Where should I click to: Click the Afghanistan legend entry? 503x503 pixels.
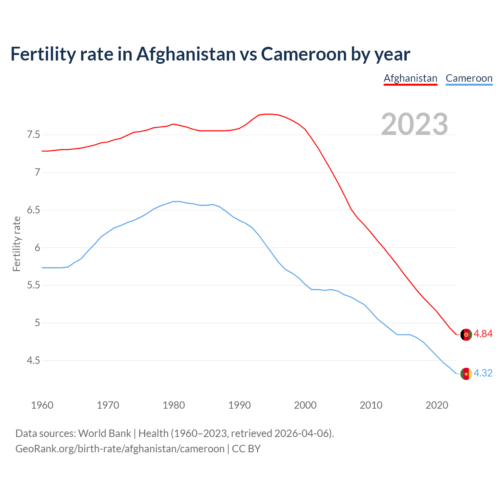410,78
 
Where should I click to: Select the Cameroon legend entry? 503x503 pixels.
469,78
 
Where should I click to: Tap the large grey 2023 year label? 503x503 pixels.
415,124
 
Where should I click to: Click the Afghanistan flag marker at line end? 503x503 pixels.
466,334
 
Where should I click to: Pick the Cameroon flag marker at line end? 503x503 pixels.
466,374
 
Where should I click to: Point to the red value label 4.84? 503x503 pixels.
483,334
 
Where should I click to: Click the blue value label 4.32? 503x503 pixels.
483,373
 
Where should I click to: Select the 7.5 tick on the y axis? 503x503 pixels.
33,135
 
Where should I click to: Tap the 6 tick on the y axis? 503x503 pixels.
37,248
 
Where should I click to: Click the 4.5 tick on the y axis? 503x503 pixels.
33,360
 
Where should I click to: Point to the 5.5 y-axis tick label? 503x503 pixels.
33,285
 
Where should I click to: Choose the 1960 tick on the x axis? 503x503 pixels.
42,405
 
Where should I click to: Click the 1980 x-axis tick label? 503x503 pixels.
174,405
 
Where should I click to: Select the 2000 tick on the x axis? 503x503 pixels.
305,405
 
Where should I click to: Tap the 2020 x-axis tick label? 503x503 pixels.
437,405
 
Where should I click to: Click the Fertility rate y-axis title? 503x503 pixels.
17,244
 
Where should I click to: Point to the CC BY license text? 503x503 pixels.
246,449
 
